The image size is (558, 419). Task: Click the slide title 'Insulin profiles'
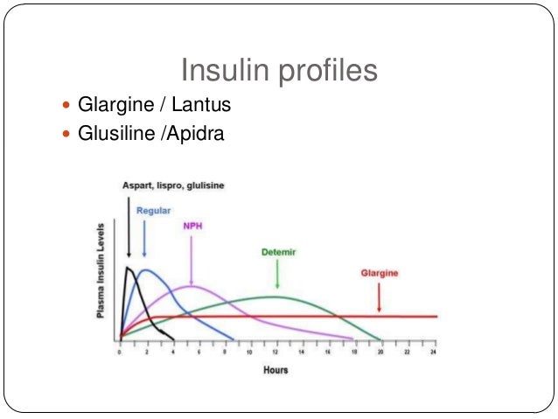pos(278,70)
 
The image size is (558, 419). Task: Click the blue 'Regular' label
pos(153,211)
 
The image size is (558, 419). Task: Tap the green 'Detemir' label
pos(278,252)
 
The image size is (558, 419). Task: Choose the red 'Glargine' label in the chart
pos(380,273)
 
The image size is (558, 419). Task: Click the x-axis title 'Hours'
pos(276,370)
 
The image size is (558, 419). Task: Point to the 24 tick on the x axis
pos(433,351)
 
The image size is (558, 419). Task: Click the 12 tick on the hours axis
pos(276,351)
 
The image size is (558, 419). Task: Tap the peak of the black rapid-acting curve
pos(128,268)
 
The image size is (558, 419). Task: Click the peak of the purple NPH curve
pos(191,286)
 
